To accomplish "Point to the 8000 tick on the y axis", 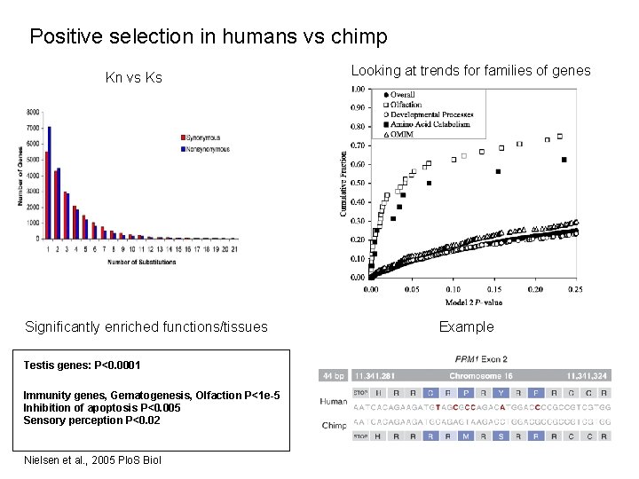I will click(33, 112).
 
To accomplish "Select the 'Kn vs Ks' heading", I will click(133, 78).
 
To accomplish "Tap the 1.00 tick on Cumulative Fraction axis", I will click(357, 89).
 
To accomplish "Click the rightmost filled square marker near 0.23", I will click(564, 160).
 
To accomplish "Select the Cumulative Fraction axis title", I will click(343, 183).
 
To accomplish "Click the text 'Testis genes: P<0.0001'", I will click(70, 365).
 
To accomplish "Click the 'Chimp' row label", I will click(334, 425).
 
